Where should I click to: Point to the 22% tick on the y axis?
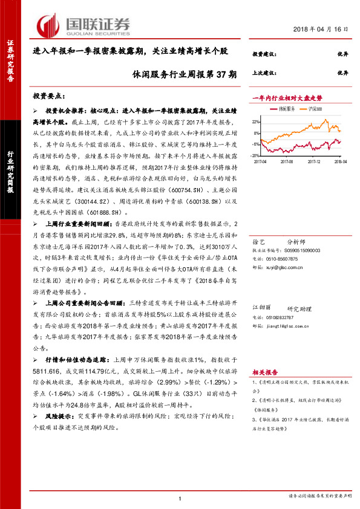(x=257, y=118)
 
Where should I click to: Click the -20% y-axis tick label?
(x=256, y=155)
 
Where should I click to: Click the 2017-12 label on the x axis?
(x=315, y=161)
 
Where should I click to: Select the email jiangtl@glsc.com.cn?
(x=296, y=325)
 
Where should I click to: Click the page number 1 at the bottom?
(x=180, y=498)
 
